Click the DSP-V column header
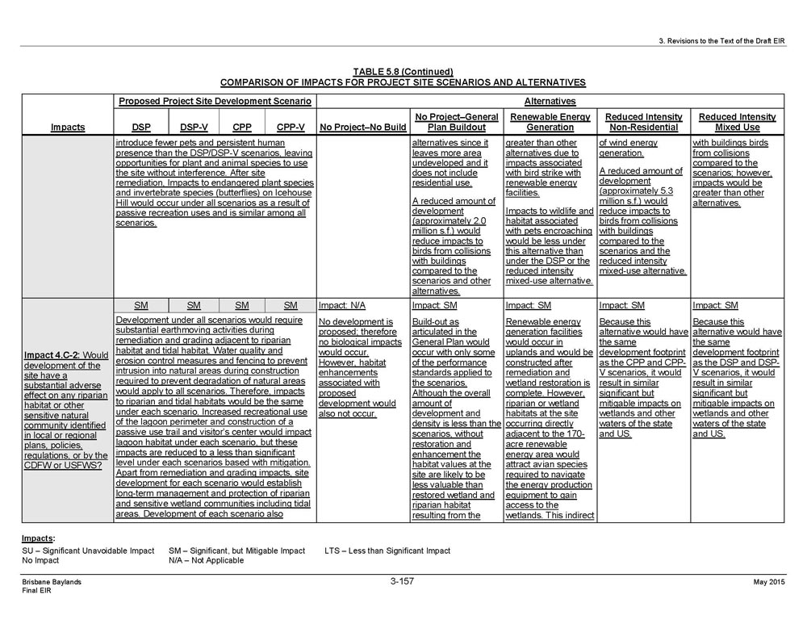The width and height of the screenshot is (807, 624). tap(194, 128)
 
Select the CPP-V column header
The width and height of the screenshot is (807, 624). tap(291, 128)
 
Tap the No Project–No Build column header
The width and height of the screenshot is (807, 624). tap(362, 128)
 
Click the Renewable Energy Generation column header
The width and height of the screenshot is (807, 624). tap(550, 122)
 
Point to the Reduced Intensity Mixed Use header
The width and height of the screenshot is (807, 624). tap(737, 122)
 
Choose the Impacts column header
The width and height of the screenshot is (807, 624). tap(68, 128)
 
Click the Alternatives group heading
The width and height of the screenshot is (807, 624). tap(550, 101)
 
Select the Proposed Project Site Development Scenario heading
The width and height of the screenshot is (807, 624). tap(215, 101)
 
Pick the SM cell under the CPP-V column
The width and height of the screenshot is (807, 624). tap(291, 306)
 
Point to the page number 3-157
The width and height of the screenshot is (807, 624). tap(402, 581)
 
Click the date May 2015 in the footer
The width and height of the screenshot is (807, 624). tap(769, 582)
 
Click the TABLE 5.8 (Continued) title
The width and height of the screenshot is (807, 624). tap(403, 71)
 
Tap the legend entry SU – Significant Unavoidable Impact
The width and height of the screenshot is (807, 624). tap(87, 551)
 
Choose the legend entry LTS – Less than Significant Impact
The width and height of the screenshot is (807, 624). tap(387, 551)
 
